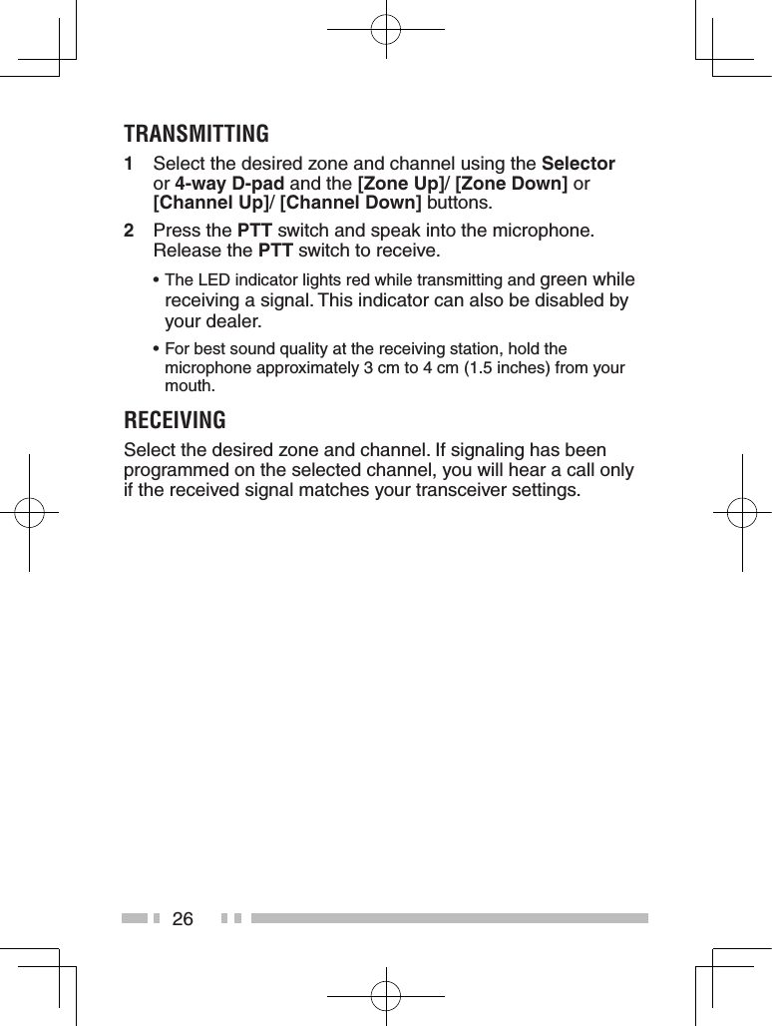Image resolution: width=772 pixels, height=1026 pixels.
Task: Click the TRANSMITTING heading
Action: click(196, 133)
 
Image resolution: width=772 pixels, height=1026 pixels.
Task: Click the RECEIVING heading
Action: click(175, 418)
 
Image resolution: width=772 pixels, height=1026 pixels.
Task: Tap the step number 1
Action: click(129, 164)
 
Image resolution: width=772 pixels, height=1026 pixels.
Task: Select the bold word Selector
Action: click(578, 164)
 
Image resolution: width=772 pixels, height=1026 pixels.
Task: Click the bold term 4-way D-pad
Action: click(230, 184)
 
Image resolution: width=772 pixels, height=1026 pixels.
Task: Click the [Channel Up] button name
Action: click(211, 204)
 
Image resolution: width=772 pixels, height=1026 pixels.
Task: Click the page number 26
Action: click(183, 918)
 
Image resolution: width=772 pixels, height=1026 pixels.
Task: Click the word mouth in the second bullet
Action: click(187, 385)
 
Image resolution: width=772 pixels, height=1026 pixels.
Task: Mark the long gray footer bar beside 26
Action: click(449, 918)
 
